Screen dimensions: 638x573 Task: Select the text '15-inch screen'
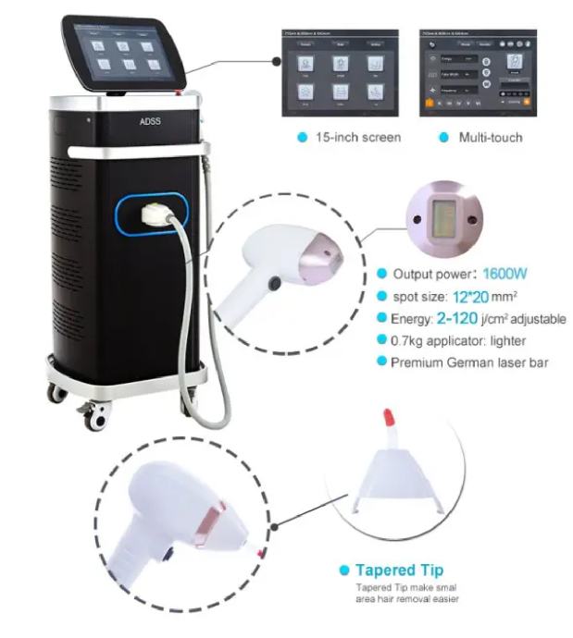click(x=357, y=138)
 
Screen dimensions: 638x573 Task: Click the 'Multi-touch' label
click(x=491, y=138)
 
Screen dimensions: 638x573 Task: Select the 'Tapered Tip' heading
click(x=400, y=570)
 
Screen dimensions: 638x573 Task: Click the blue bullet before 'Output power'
click(x=381, y=275)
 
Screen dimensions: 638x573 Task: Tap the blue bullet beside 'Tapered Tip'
click(x=344, y=571)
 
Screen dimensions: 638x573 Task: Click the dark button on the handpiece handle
click(x=274, y=282)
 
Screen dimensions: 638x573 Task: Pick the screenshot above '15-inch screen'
click(x=340, y=74)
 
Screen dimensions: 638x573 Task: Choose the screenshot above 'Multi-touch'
click(x=478, y=74)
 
